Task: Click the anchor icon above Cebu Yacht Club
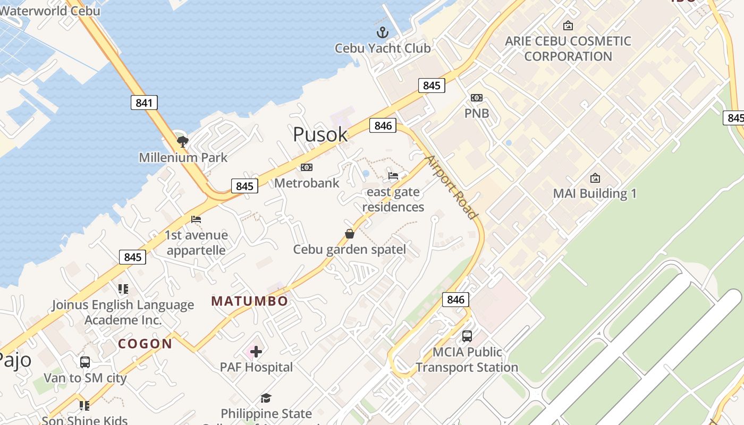click(383, 32)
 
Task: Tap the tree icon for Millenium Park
click(183, 141)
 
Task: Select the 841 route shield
click(144, 103)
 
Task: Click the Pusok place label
click(320, 134)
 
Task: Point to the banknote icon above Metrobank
click(307, 167)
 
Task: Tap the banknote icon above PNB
click(477, 98)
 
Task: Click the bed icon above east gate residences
click(393, 176)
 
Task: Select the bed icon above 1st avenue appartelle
click(196, 219)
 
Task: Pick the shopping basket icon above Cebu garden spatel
click(350, 234)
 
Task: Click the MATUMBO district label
click(250, 301)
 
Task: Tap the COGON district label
click(145, 344)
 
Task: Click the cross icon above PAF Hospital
click(256, 351)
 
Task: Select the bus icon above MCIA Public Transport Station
click(467, 336)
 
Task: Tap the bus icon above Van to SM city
click(85, 362)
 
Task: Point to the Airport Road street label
click(451, 187)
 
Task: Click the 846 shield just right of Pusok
click(383, 125)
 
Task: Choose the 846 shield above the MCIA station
click(456, 300)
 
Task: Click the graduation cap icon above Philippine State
click(266, 398)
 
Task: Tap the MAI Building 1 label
click(595, 193)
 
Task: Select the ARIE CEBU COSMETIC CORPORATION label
click(568, 48)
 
